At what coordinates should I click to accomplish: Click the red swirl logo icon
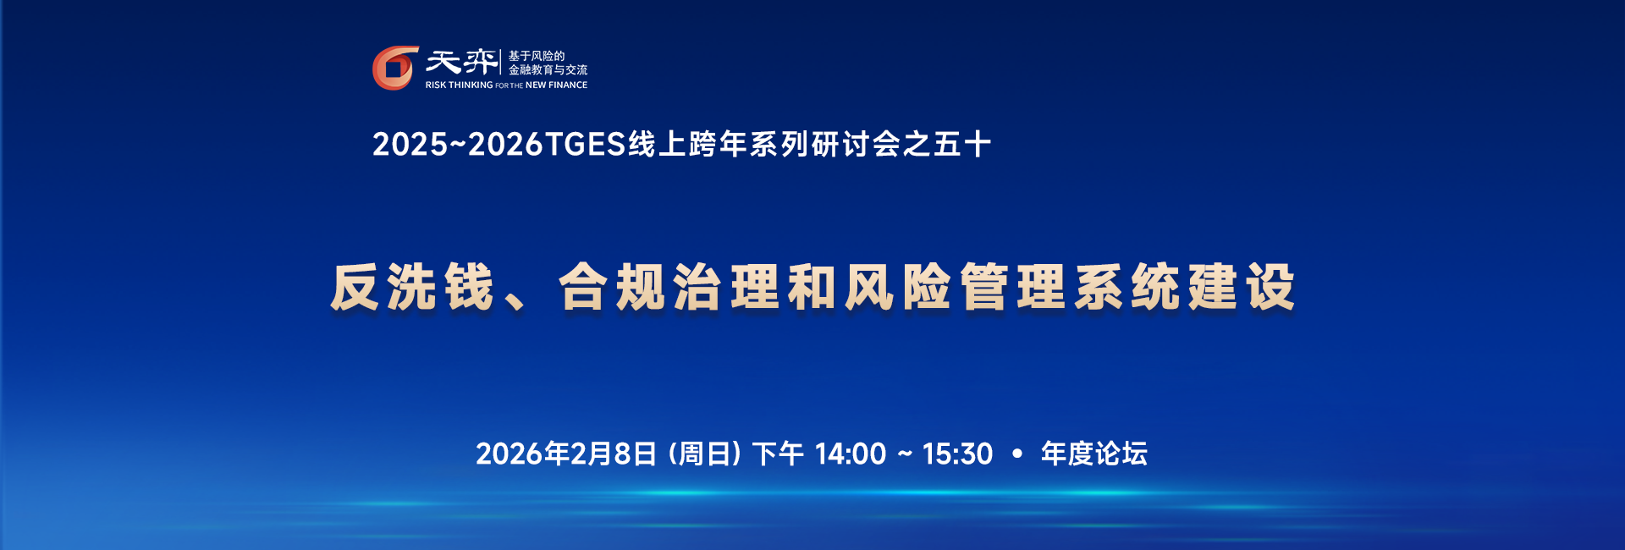point(395,68)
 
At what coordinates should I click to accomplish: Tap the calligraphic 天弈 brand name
point(461,62)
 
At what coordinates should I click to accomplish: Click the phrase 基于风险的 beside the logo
point(537,56)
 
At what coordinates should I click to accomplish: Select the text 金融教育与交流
point(548,70)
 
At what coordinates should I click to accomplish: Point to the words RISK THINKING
point(459,85)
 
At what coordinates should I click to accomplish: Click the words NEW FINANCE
point(556,85)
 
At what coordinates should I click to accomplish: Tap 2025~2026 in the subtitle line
point(457,145)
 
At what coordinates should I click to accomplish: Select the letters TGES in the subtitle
point(585,145)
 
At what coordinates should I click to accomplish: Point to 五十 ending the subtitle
point(962,145)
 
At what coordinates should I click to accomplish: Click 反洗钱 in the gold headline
point(412,288)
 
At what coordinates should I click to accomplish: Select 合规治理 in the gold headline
point(669,288)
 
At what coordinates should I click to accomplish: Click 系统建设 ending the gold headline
point(1185,288)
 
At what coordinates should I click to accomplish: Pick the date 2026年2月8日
point(566,454)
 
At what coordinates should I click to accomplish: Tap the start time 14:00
point(851,454)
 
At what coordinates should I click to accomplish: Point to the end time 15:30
point(957,454)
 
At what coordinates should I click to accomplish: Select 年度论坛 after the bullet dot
point(1094,454)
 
